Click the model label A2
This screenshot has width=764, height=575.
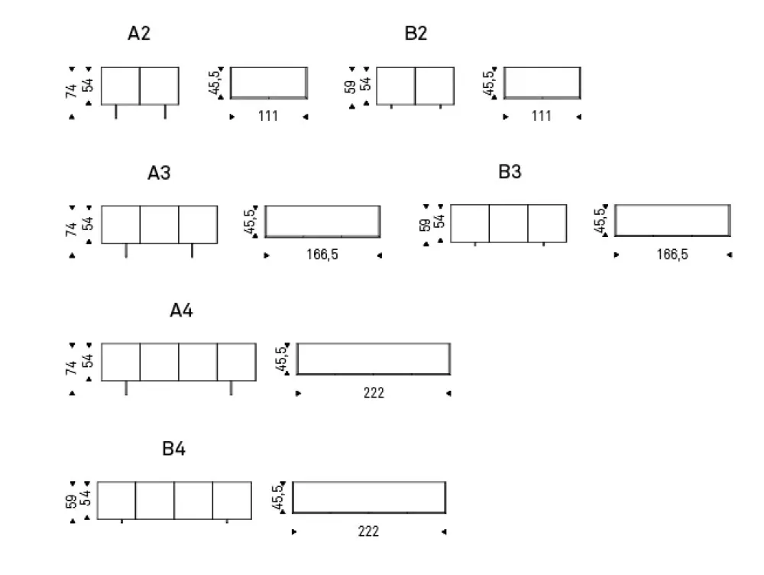[x=139, y=34]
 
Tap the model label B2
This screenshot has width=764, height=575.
[x=416, y=34]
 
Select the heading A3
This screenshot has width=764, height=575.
[x=159, y=173]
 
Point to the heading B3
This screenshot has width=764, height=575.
[x=510, y=172]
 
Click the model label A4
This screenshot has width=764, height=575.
[x=182, y=311]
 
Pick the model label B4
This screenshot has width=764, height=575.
[x=173, y=450]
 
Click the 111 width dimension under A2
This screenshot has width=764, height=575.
[x=267, y=116]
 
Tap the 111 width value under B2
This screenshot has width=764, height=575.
[x=541, y=116]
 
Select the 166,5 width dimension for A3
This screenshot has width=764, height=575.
[x=322, y=255]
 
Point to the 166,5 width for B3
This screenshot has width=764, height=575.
[x=672, y=255]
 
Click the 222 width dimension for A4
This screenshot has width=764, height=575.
[x=374, y=393]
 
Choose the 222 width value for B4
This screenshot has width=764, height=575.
[x=368, y=531]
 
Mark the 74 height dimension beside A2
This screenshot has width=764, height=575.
[x=72, y=91]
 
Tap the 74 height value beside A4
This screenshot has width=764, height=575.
[x=72, y=368]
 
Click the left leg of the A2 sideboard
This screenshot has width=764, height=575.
[x=116, y=112]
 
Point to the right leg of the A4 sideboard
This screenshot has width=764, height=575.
[x=231, y=388]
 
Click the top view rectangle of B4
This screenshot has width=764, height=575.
[x=369, y=497]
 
